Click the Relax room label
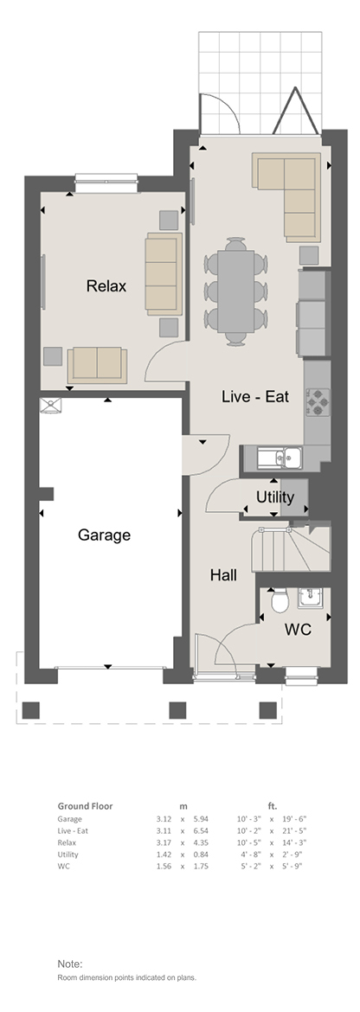(106, 286)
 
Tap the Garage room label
(104, 535)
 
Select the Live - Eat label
(255, 396)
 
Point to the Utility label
(275, 497)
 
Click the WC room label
(298, 630)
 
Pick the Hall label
(223, 575)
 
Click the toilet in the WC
(280, 601)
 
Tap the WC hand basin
(313, 599)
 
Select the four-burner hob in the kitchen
(318, 400)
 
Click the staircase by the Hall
(290, 549)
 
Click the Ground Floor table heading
(85, 806)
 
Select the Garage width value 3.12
(164, 819)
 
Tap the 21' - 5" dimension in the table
(292, 830)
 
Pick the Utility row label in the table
(67, 855)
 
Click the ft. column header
(273, 806)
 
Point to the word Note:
(70, 964)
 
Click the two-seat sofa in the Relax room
(98, 365)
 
